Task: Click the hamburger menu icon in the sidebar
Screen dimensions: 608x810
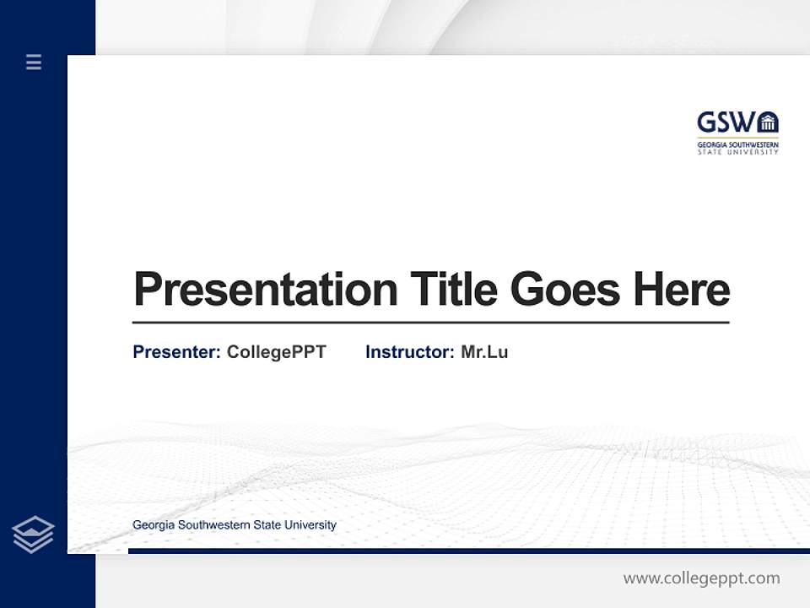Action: pyautogui.click(x=34, y=62)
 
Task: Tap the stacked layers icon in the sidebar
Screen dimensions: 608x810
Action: pyautogui.click(x=33, y=535)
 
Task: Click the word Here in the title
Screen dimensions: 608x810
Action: pyautogui.click(x=681, y=289)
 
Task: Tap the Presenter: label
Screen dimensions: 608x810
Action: pyautogui.click(x=176, y=352)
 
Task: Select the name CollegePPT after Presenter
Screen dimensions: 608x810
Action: pyautogui.click(x=276, y=352)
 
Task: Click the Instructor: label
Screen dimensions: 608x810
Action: pyautogui.click(x=409, y=352)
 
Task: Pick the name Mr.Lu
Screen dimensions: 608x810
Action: pyautogui.click(x=484, y=352)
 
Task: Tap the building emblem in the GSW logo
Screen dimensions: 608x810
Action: pyautogui.click(x=767, y=123)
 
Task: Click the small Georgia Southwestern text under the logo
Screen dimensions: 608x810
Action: pyautogui.click(x=737, y=144)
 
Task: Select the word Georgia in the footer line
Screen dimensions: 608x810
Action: pyautogui.click(x=154, y=525)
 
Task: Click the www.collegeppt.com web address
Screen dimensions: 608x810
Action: pyautogui.click(x=701, y=578)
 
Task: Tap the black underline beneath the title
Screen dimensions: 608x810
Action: pyautogui.click(x=430, y=322)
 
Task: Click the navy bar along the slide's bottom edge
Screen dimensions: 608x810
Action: pyautogui.click(x=468, y=551)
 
